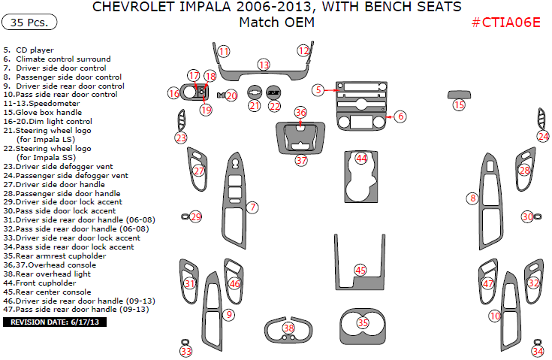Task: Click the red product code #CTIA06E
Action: (505, 22)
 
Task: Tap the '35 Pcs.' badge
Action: (30, 23)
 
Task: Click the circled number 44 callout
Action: (362, 159)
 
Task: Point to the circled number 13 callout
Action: (264, 65)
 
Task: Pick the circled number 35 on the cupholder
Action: (363, 322)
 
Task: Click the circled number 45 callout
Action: (360, 270)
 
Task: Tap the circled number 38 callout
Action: (288, 328)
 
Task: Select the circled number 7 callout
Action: (253, 207)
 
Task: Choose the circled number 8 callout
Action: (472, 198)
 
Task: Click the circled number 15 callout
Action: (459, 105)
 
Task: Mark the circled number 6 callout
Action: (400, 116)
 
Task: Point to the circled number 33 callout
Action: (186, 351)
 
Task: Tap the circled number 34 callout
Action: (538, 351)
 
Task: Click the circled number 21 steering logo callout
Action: (255, 106)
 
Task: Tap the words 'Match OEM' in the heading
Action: (276, 23)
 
